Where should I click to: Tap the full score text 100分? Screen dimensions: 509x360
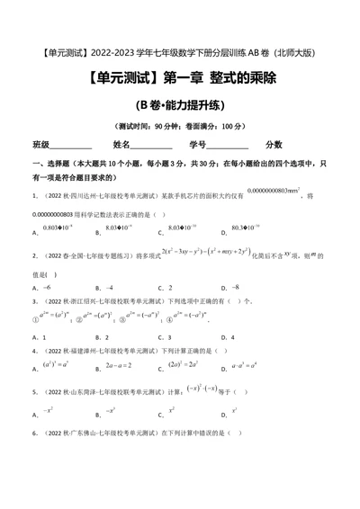(233, 125)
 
